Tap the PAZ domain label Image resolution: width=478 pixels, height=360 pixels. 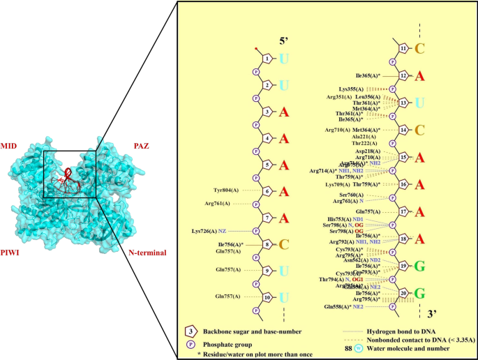coord(144,147)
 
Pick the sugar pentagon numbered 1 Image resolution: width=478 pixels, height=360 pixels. coord(269,59)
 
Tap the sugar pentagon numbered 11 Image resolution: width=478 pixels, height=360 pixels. coord(403,48)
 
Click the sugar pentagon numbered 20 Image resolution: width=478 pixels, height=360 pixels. coord(403,293)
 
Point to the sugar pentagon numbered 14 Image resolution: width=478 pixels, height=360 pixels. coord(403,130)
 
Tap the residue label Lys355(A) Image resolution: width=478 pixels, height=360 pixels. coord(352,89)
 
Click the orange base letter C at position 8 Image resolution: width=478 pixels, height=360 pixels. coord(284,245)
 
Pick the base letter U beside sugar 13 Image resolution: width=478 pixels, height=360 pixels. coord(419,103)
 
